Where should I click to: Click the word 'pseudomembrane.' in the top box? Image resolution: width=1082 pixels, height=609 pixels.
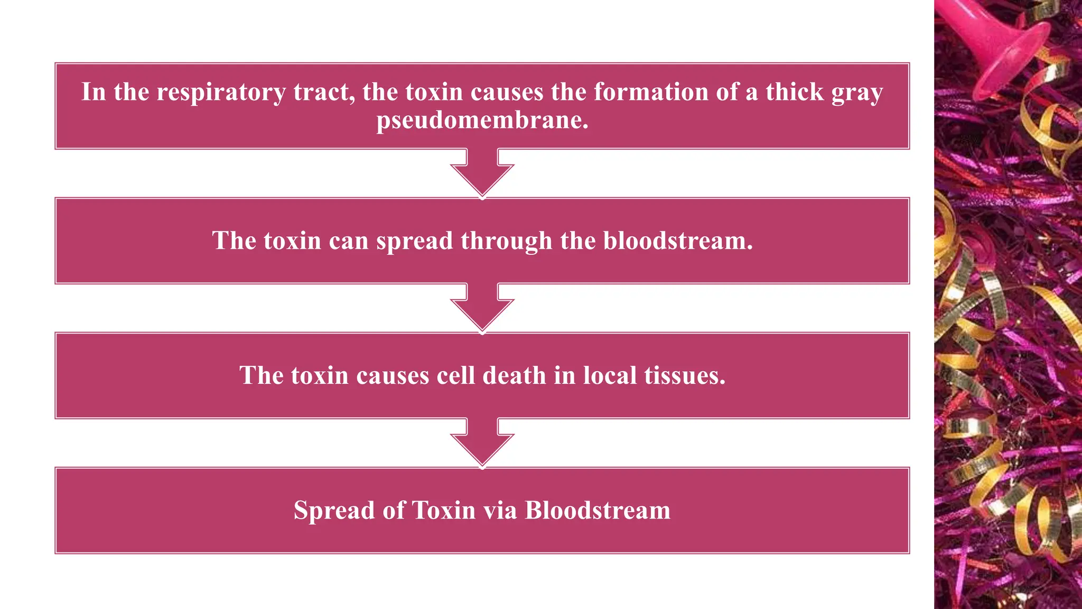[x=482, y=121]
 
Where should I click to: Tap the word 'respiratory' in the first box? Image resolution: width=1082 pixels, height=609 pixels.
[x=221, y=93]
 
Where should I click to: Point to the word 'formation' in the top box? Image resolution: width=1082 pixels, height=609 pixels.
[x=651, y=91]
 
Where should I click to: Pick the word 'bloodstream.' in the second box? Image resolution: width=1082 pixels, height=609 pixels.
[x=678, y=241]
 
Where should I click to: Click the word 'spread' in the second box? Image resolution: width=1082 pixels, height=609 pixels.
[x=414, y=242]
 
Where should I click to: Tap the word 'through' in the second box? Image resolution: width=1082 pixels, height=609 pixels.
[x=506, y=242]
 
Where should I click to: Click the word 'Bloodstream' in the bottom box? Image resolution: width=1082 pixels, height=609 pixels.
[x=598, y=510]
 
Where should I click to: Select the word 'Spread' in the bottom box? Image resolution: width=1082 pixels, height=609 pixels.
[x=334, y=511]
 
